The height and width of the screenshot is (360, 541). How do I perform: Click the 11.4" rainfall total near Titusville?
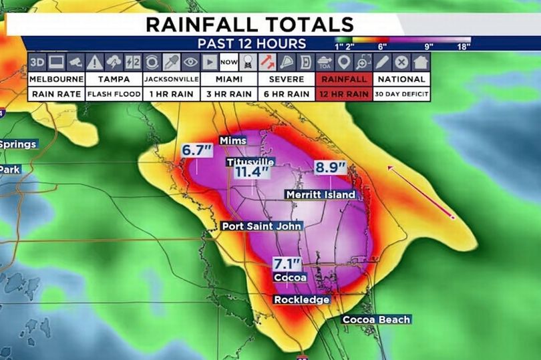251,172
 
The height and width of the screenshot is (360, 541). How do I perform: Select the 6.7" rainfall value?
196,150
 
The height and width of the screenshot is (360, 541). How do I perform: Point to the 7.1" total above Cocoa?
287,263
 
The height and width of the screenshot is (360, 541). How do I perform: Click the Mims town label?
233,140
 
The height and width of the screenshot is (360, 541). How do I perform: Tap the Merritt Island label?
320,194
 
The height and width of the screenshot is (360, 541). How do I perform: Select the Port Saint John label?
262,226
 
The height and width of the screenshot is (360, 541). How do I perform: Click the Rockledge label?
302,300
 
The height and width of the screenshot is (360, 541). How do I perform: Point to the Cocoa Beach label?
376,319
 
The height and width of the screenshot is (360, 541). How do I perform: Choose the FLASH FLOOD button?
114,94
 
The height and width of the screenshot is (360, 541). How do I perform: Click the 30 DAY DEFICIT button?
401,94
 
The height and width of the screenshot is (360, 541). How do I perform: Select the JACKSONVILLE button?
171,79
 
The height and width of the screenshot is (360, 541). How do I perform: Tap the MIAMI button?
228,79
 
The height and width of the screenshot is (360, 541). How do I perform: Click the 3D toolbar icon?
37,62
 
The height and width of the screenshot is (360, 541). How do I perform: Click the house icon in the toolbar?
420,62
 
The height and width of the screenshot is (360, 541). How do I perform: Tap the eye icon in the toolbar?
190,62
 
